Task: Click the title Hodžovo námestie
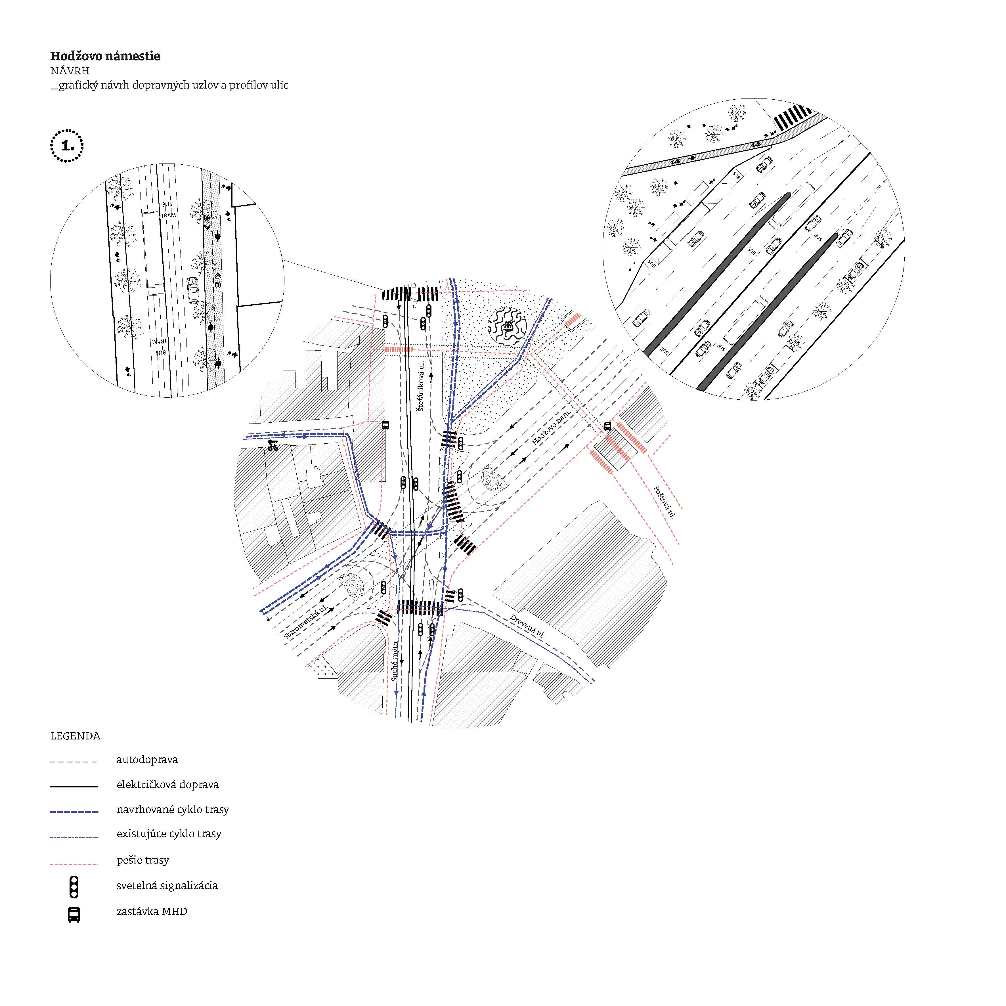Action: click(x=105, y=56)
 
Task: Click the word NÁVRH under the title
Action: click(x=70, y=71)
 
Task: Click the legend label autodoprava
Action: click(x=147, y=760)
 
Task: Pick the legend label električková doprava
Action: click(x=167, y=785)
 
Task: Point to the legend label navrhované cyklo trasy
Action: click(x=172, y=810)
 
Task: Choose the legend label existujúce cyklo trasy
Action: click(x=169, y=834)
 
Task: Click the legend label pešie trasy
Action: click(x=143, y=860)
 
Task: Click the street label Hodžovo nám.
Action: click(x=552, y=426)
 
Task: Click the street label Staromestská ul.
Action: click(x=306, y=622)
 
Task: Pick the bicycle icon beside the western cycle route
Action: click(x=272, y=445)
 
